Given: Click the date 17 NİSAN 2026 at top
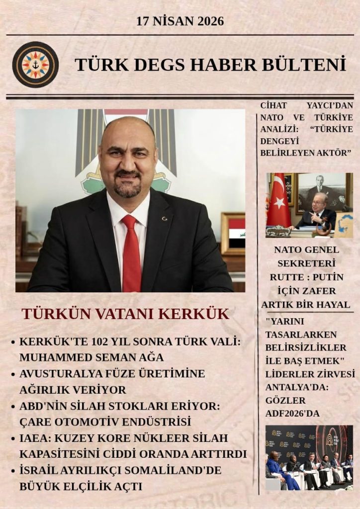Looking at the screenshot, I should coord(180,21).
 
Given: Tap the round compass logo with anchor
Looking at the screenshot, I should coord(35,65).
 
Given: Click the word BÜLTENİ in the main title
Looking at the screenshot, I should coord(308,65).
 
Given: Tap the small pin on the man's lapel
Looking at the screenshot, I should coord(165,219).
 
